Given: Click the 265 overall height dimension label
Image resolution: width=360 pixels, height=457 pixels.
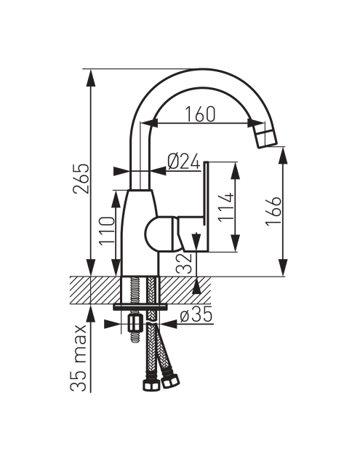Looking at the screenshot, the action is point(81,178).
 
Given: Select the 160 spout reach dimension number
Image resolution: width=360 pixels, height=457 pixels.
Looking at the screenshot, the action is point(201,114).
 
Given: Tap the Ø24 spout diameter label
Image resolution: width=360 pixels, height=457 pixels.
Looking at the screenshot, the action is point(184,161).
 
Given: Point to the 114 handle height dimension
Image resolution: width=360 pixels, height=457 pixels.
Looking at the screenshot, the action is point(225,207).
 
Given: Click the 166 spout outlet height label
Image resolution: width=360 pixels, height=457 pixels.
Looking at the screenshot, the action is point(273,211).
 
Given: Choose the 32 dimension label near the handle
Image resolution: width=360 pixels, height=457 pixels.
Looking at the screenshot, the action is point(185,263).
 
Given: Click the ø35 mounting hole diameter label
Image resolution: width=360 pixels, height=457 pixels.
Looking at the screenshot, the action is point(196,316).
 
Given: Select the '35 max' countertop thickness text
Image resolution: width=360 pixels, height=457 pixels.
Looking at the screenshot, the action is point(79,358).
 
